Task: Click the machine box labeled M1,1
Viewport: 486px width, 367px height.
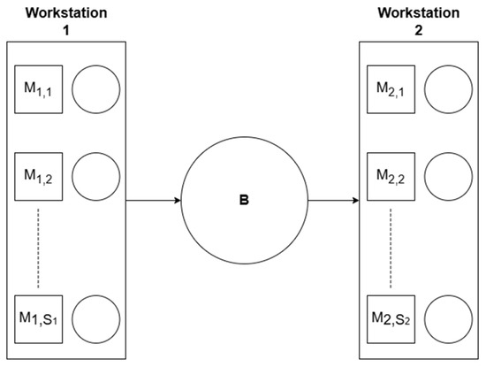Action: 39,89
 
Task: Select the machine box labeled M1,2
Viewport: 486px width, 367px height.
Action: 39,177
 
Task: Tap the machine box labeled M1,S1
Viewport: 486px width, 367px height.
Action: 39,319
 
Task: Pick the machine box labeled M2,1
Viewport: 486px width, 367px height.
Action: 391,89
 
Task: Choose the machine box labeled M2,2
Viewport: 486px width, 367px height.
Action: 391,177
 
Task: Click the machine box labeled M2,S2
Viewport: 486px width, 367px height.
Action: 391,319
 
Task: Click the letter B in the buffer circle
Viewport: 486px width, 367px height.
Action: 244,201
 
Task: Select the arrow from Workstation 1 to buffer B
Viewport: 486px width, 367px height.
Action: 154,201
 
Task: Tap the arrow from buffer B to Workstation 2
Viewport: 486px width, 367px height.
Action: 333,201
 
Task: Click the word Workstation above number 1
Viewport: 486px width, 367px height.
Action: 66,13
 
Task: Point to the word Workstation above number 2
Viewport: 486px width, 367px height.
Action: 419,13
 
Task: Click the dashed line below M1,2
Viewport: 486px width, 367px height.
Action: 38,248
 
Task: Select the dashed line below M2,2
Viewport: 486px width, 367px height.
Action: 391,248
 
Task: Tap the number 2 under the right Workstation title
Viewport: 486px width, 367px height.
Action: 419,30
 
